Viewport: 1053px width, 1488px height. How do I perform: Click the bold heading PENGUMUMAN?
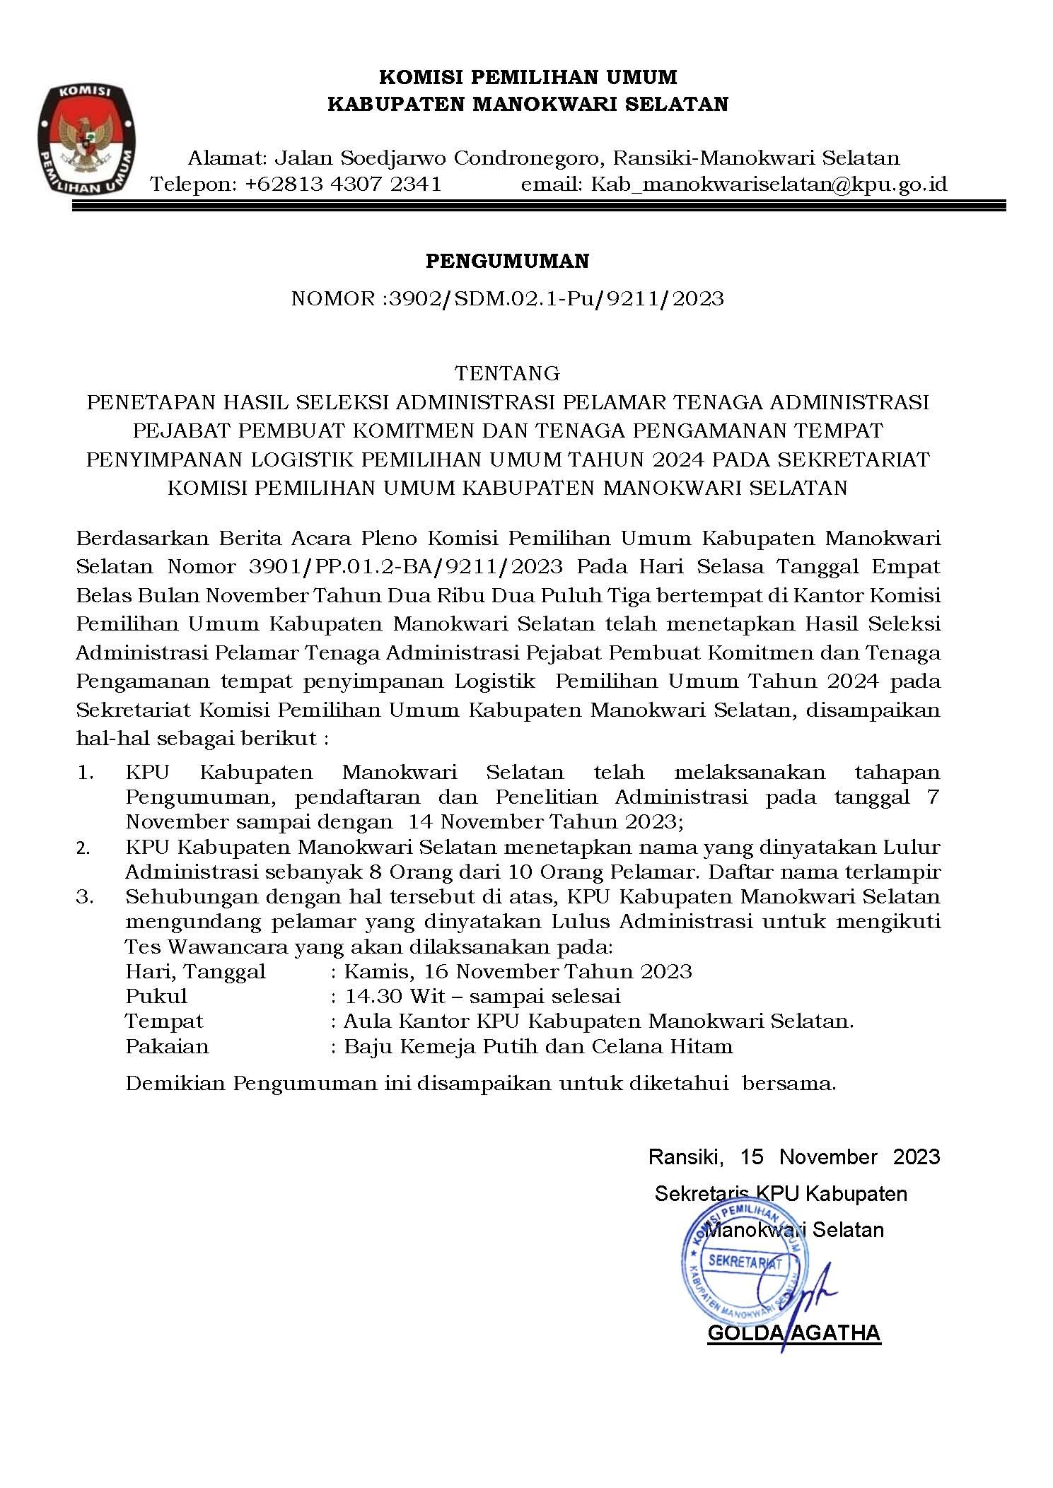[x=507, y=262]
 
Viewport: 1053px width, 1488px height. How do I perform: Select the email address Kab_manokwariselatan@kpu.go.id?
[x=769, y=184]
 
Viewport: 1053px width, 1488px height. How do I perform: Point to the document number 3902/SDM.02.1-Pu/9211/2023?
[x=556, y=298]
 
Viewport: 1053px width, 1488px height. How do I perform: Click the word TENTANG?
[x=507, y=373]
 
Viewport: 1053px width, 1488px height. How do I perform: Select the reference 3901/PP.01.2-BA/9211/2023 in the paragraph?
[x=406, y=566]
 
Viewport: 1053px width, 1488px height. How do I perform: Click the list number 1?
[x=85, y=773]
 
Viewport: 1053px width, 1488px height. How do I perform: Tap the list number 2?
[x=83, y=848]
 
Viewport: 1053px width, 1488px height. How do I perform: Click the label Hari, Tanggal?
[x=195, y=972]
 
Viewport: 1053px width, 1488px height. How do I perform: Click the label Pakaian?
[x=167, y=1047]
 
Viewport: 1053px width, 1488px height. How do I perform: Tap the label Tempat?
[x=164, y=1022]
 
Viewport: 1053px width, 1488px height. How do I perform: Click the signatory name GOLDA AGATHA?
[x=793, y=1332]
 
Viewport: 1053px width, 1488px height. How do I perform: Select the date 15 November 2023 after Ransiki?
[x=840, y=1156]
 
